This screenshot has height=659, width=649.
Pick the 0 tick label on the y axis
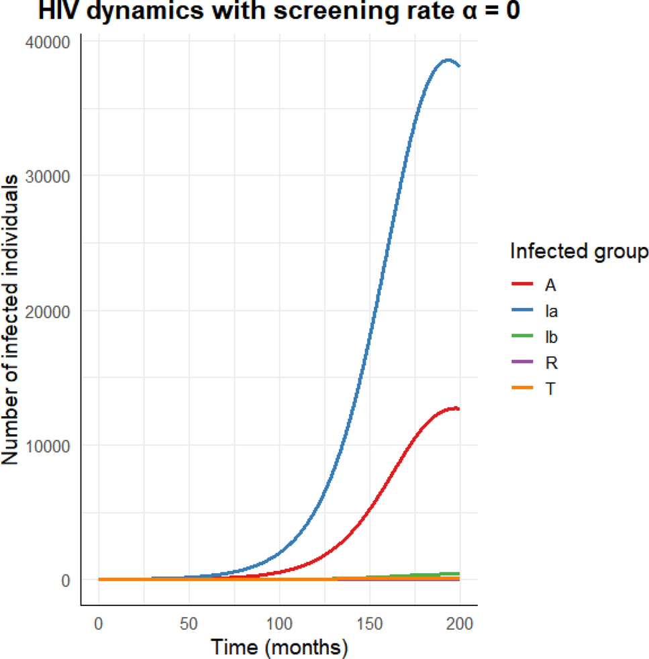pyautogui.click(x=66, y=580)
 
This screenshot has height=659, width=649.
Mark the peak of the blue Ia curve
pyautogui.click(x=448, y=60)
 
